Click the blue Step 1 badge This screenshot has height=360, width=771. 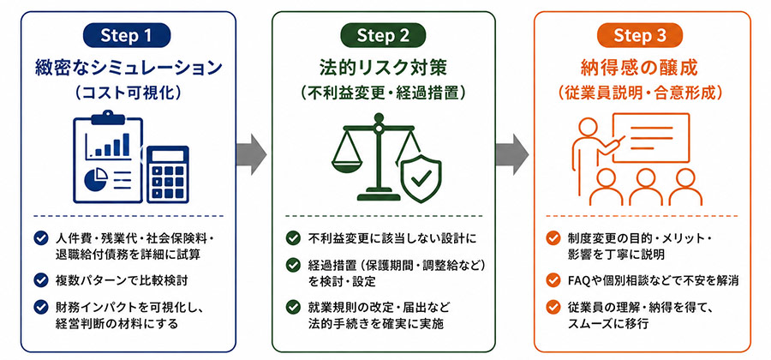coord(127,35)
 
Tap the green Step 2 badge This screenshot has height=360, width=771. coord(383,35)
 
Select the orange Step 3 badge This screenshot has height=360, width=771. coord(640,35)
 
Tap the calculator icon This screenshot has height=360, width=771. coord(168,174)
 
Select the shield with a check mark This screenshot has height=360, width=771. coord(421,178)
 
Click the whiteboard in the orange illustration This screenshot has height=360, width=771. coord(650,137)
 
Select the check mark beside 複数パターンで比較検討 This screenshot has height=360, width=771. coord(40,280)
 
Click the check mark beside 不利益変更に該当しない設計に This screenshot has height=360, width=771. coord(293,238)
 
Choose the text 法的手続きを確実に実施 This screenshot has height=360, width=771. coord(376,324)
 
